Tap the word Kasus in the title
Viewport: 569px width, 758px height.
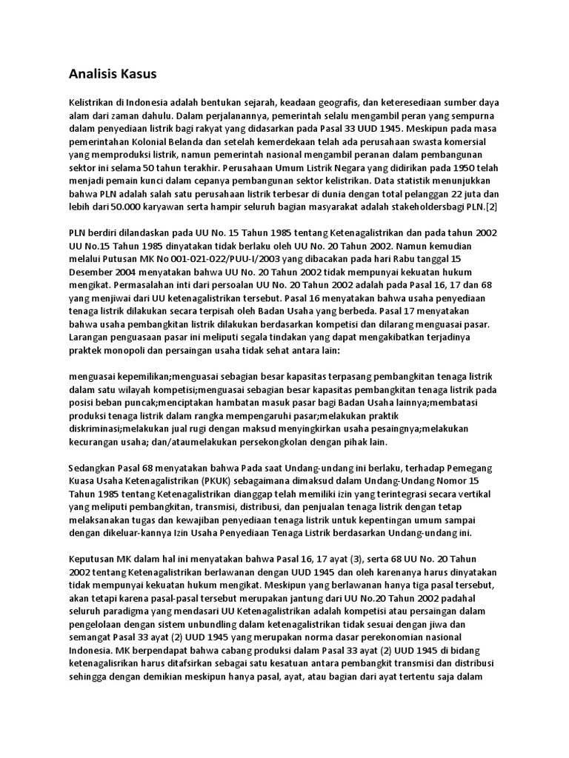point(137,74)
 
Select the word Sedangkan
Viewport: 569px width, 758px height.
point(93,469)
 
